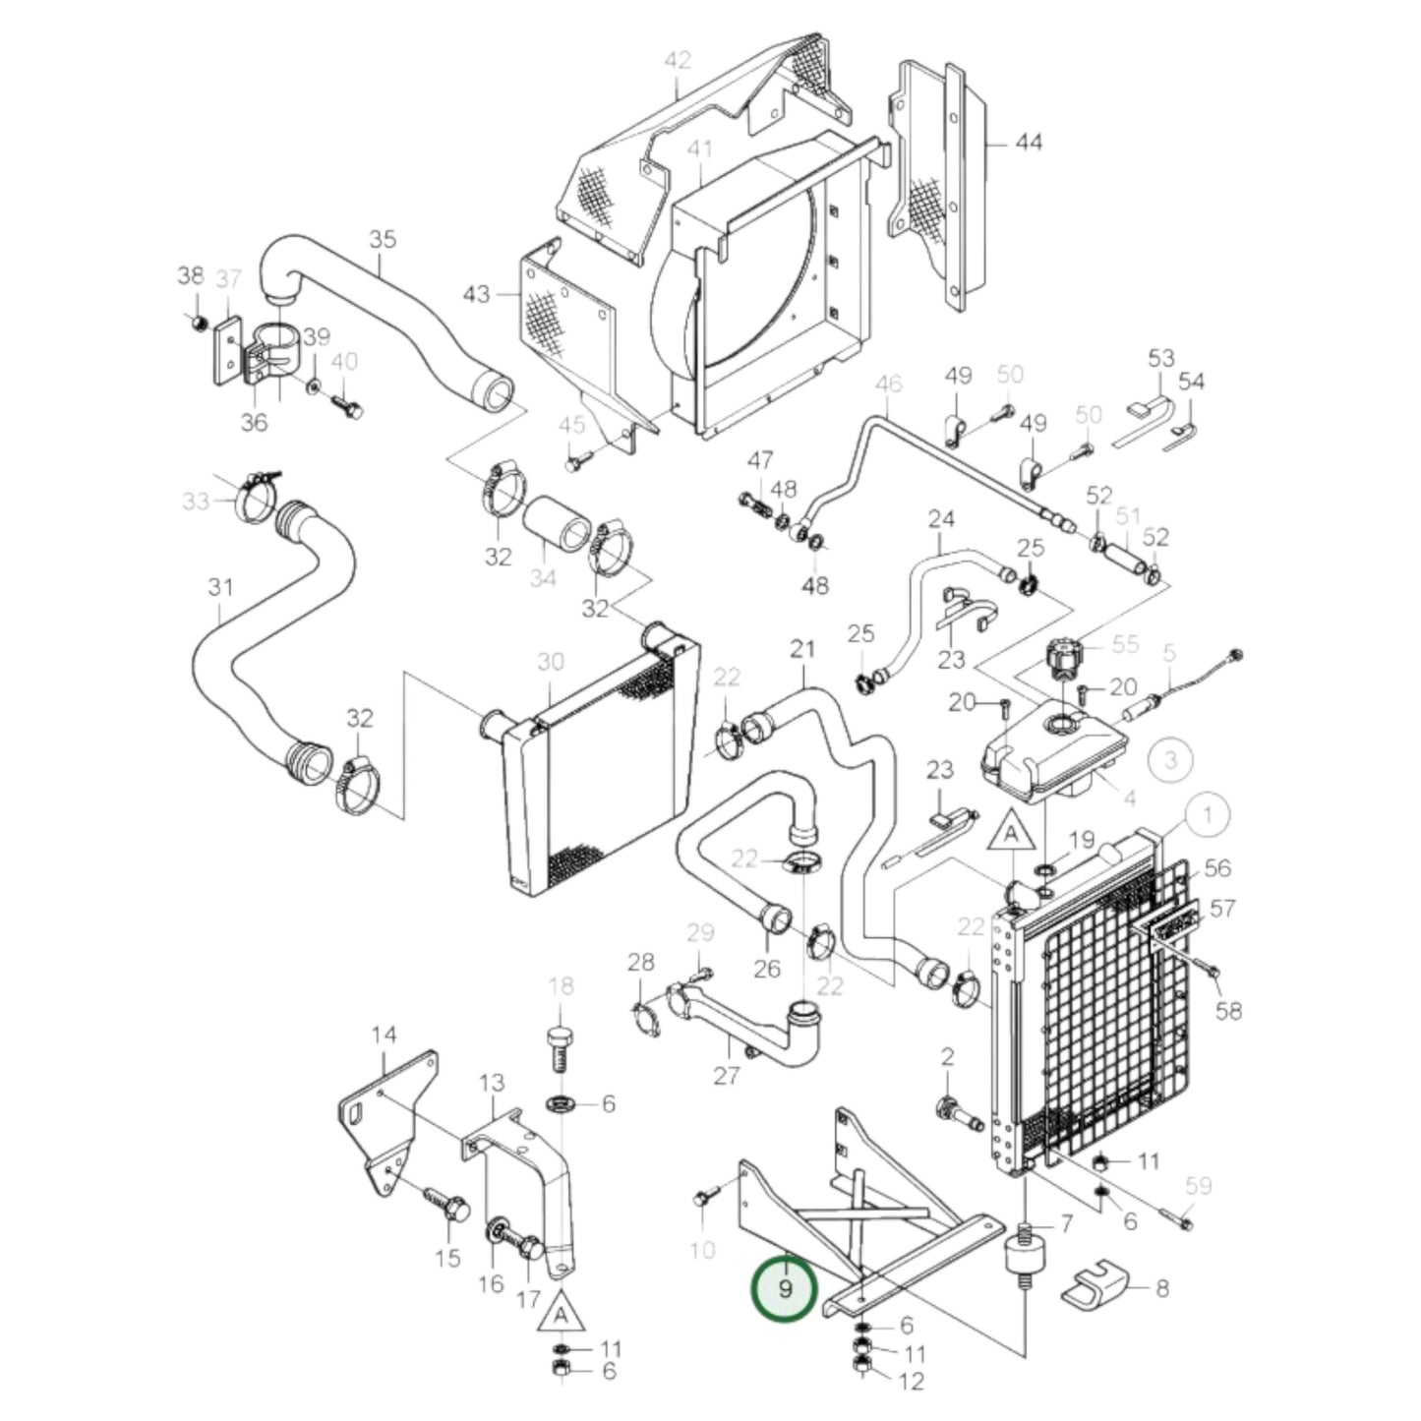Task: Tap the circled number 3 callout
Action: [1170, 759]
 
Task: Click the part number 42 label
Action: [678, 61]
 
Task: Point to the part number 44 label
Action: [1028, 144]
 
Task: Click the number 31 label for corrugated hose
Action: [220, 588]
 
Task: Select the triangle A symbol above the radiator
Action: [1010, 836]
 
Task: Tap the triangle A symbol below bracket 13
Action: [560, 1315]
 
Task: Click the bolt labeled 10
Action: [703, 1199]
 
